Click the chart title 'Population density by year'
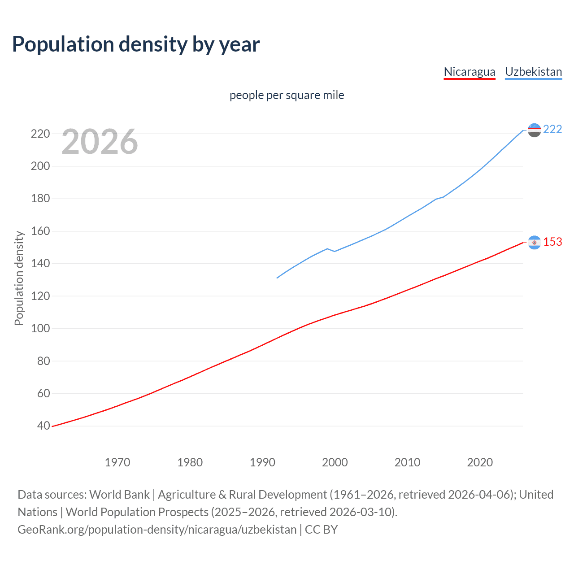pos(136,44)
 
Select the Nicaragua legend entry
pos(469,72)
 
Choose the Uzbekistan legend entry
pos(533,72)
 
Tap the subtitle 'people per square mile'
pos(287,95)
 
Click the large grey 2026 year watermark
pos(100,142)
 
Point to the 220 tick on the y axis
pos(40,134)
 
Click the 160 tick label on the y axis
pos(40,231)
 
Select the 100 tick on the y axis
pos(40,329)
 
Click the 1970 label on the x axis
pos(117,462)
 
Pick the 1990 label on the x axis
pos(262,462)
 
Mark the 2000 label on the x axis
pos(335,462)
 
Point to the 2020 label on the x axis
pos(480,462)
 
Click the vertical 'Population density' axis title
pos(19,278)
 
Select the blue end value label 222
pos(552,130)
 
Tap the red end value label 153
pos(552,242)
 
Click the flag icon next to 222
pos(534,130)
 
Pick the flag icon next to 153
pos(534,243)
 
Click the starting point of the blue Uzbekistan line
pos(277,278)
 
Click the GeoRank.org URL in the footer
pos(157,530)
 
